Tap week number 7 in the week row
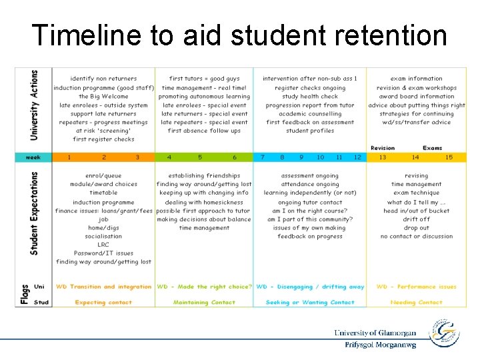[x=263, y=157]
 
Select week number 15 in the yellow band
[x=449, y=157]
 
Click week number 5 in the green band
[x=200, y=157]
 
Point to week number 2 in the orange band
[x=103, y=157]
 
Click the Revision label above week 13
[x=382, y=148]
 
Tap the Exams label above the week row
[x=432, y=148]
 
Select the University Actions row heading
[x=35, y=105]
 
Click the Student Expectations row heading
[x=35, y=213]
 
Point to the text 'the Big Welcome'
[x=103, y=97]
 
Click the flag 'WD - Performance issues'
[x=417, y=287]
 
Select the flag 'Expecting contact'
[x=103, y=303]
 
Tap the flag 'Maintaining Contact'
[x=204, y=303]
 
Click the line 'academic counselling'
[x=310, y=114]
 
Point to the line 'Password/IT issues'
[x=103, y=253]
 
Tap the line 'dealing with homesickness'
[x=204, y=202]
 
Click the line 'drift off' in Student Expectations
[x=417, y=219]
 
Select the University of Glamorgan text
[x=375, y=333]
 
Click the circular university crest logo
[x=444, y=333]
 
